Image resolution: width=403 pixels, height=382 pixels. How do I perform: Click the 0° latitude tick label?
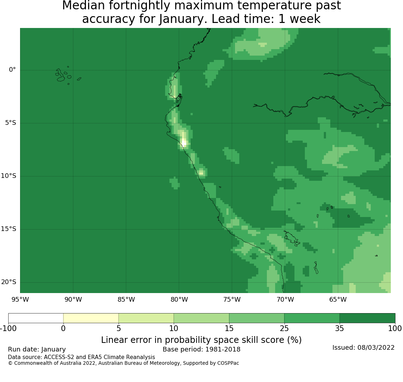pyautogui.click(x=12, y=70)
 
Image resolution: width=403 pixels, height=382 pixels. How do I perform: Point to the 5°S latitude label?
pyautogui.click(x=10, y=123)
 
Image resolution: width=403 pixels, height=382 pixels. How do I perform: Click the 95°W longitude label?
pyautogui.click(x=20, y=300)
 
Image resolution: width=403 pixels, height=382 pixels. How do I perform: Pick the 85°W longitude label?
pyautogui.click(x=126, y=300)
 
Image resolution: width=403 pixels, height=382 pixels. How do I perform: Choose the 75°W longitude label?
pyautogui.click(x=232, y=300)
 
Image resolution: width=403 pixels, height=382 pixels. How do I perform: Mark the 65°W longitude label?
pyautogui.click(x=338, y=300)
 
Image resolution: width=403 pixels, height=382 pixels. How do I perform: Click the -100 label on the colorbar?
pyautogui.click(x=8, y=329)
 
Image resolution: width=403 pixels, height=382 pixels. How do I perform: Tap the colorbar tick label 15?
pyautogui.click(x=229, y=329)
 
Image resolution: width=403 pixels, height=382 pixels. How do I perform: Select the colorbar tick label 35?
pyautogui.click(x=340, y=329)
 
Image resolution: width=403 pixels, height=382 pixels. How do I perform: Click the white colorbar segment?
pyautogui.click(x=36, y=318)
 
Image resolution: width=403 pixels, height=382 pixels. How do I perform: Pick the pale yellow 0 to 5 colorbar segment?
pyautogui.click(x=91, y=318)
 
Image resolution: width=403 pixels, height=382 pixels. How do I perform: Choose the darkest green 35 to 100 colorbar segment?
pyautogui.click(x=367, y=318)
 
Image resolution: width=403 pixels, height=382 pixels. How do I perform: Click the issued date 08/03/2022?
pyautogui.click(x=376, y=348)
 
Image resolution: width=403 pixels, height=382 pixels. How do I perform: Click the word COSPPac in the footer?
pyautogui.click(x=228, y=363)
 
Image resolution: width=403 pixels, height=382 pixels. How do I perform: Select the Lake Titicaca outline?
pyautogui.click(x=292, y=239)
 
